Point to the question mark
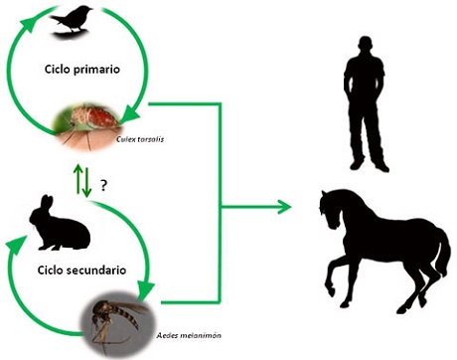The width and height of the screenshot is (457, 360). (103, 184)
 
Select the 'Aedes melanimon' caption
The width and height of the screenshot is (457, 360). (184, 338)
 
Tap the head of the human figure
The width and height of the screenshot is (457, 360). (363, 44)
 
